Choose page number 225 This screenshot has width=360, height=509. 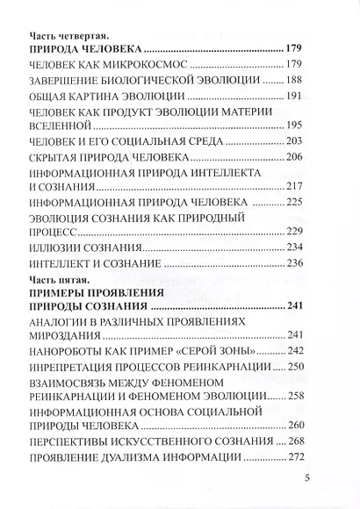click(x=294, y=201)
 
